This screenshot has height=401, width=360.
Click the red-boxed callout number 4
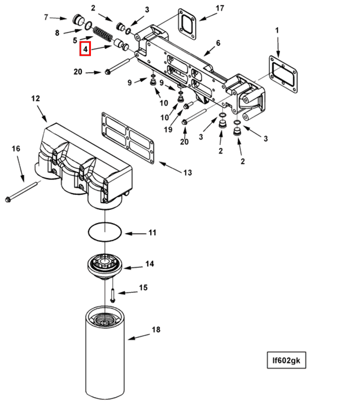click(85, 49)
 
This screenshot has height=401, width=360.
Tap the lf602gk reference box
click(287, 360)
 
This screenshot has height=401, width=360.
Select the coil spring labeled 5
click(102, 34)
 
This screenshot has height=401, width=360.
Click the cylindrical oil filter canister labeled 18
click(105, 353)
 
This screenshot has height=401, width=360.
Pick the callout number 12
click(36, 99)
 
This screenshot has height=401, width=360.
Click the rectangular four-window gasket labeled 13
click(128, 138)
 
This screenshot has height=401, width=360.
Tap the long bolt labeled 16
click(22, 191)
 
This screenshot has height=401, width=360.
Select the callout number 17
click(220, 9)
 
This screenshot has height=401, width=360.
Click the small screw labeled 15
click(112, 295)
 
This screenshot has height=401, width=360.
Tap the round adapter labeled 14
click(105, 266)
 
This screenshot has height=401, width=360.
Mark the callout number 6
click(218, 43)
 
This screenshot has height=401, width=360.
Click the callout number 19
click(168, 129)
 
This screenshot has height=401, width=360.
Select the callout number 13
click(187, 173)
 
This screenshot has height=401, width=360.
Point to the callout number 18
click(156, 329)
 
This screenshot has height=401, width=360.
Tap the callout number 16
click(16, 148)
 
